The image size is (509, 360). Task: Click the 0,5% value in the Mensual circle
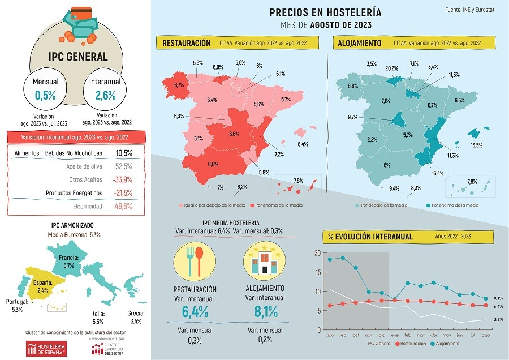click(x=45, y=96)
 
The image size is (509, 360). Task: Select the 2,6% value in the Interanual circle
click(x=106, y=96)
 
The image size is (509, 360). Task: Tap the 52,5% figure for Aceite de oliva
click(x=123, y=166)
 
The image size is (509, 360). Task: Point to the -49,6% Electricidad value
click(x=122, y=206)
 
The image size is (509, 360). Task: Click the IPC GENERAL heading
click(x=77, y=57)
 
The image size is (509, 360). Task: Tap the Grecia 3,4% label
click(x=136, y=317)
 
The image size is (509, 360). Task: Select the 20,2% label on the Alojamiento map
click(x=391, y=68)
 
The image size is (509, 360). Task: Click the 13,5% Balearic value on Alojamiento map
click(x=476, y=145)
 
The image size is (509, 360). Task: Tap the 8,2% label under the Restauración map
click(x=242, y=187)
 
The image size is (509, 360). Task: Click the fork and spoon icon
click(x=194, y=259)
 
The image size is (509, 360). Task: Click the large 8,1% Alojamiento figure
click(x=266, y=311)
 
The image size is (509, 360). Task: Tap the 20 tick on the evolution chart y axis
click(x=317, y=253)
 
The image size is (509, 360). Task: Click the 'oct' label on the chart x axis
click(x=356, y=336)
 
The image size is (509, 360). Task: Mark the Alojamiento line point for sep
click(x=342, y=258)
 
